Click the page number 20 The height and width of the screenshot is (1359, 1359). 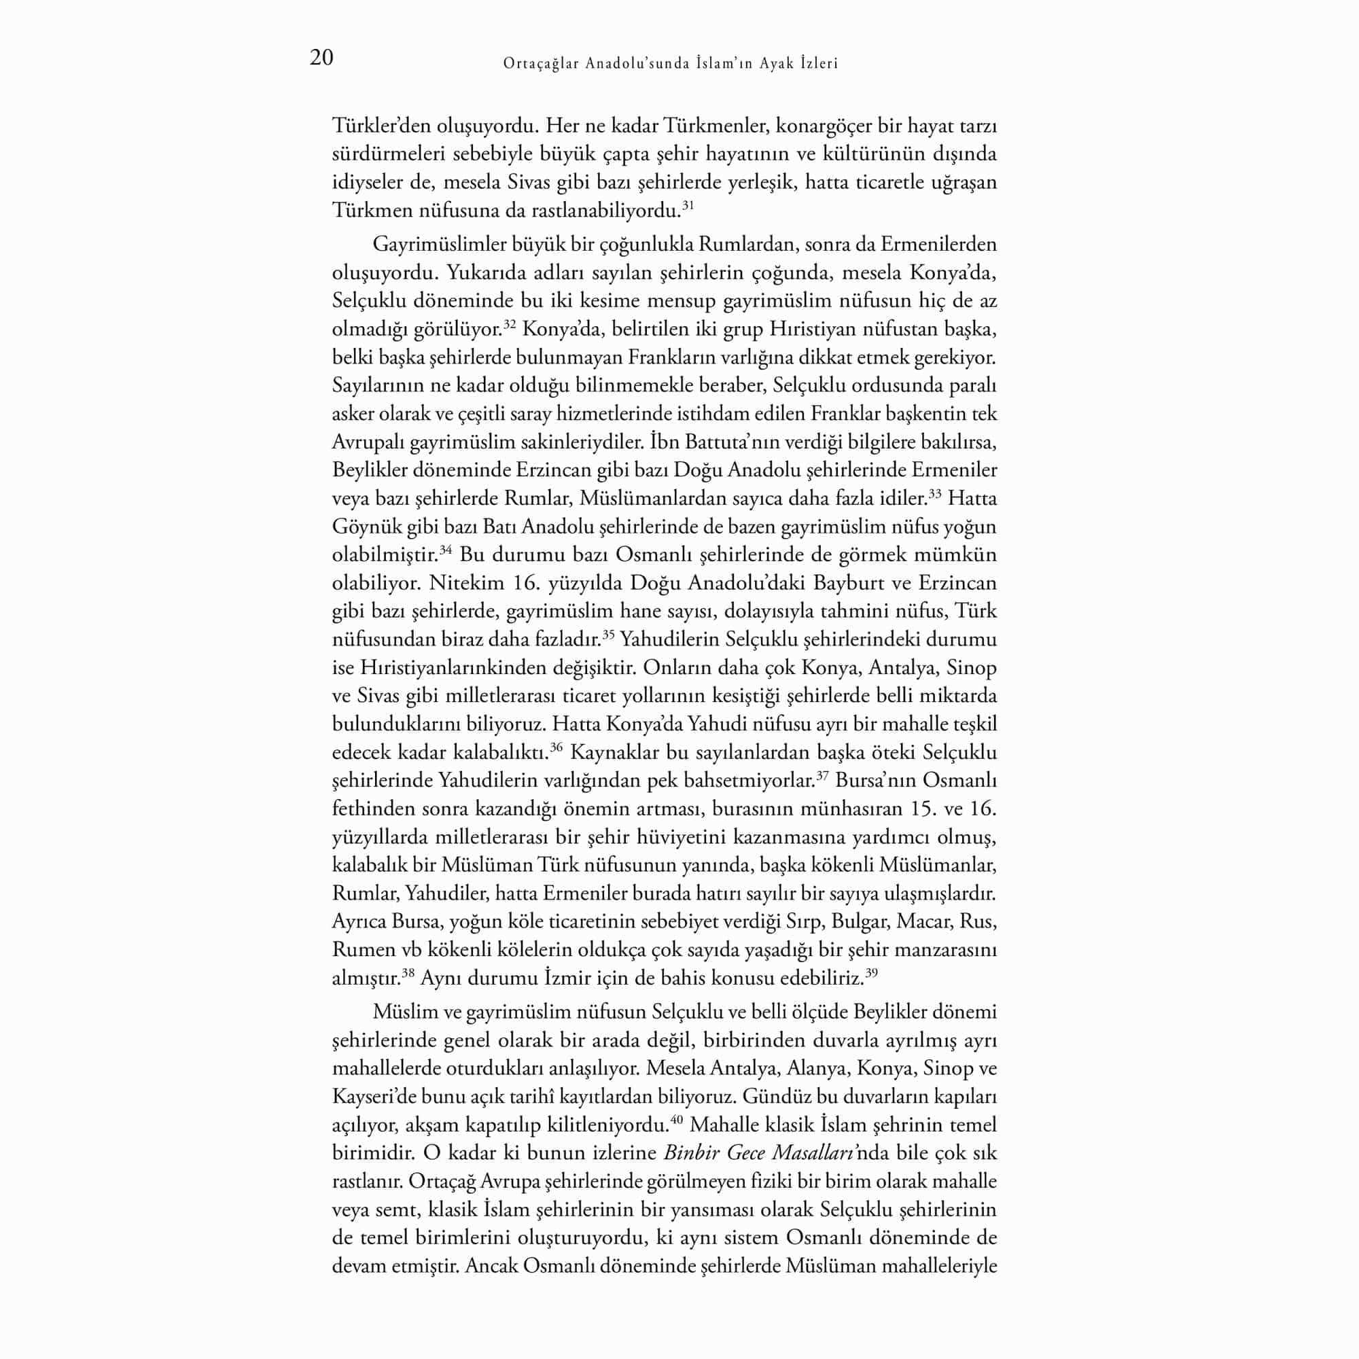pyautogui.click(x=321, y=58)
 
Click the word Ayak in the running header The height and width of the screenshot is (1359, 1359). pyautogui.click(x=777, y=64)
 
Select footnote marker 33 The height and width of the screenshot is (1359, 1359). pyautogui.click(x=935, y=494)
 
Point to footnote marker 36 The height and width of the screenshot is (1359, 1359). pyautogui.click(x=556, y=747)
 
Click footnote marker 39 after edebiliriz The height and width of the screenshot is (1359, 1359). pyautogui.click(x=872, y=973)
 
